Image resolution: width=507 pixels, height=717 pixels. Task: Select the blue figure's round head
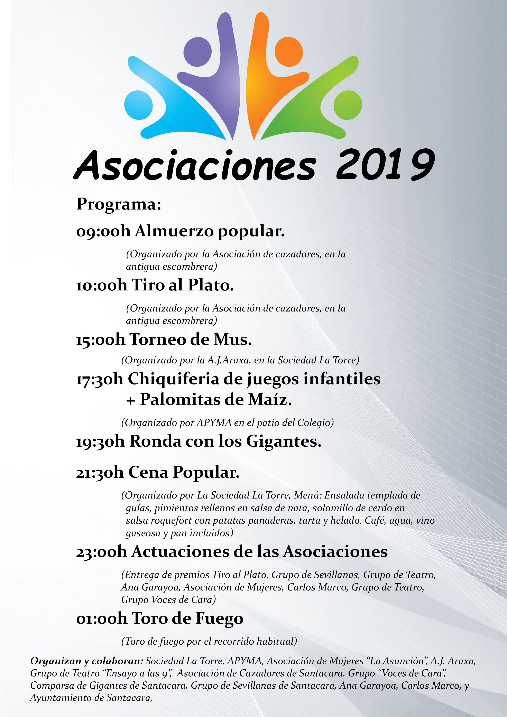tap(138, 105)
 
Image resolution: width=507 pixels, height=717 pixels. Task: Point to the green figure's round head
tap(348, 105)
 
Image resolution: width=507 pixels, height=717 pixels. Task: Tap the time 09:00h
tap(103, 232)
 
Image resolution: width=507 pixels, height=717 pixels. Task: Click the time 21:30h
tap(100, 473)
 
